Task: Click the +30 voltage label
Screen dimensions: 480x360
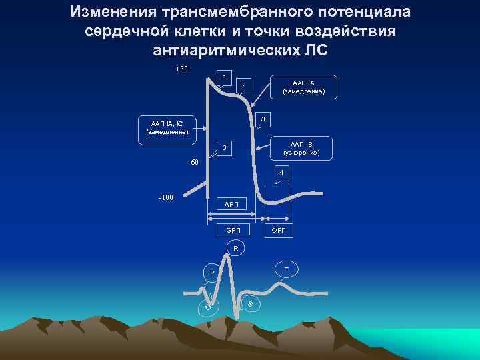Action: tap(181, 69)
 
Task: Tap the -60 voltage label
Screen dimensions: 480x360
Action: tap(193, 162)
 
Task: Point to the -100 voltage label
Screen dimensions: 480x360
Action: tap(165, 197)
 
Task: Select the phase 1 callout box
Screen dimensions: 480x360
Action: tap(225, 77)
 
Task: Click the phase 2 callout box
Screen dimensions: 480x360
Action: tap(244, 85)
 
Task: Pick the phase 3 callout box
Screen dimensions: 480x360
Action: tap(263, 119)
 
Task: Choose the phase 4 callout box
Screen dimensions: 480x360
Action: tap(282, 173)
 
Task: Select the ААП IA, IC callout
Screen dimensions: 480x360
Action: tap(167, 127)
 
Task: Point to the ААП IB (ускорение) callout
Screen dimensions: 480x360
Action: tap(305, 149)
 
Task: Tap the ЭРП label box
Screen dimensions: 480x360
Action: tap(234, 230)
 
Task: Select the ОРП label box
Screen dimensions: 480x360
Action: tap(278, 230)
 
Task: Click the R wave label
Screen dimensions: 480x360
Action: tap(235, 249)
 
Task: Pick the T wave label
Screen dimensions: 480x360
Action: tap(287, 269)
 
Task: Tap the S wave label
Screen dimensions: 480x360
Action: tap(250, 304)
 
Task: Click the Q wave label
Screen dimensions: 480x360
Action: tap(208, 307)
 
